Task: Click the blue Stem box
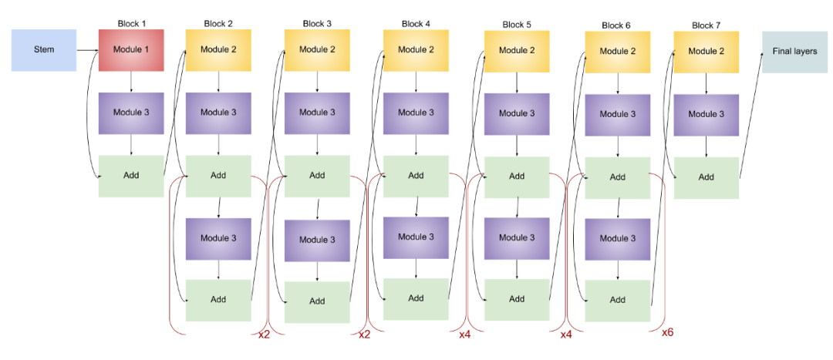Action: (x=44, y=50)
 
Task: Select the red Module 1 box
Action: (x=131, y=50)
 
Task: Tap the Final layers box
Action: (x=794, y=52)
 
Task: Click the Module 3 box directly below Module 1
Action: (x=131, y=113)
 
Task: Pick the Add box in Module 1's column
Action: (x=131, y=176)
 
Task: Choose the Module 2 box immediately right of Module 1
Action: (x=218, y=50)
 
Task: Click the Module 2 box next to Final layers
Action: (x=706, y=52)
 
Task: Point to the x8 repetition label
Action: (x=668, y=331)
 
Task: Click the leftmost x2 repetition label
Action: (x=264, y=335)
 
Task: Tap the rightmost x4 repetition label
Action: (x=566, y=335)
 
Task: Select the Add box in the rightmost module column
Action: (x=706, y=177)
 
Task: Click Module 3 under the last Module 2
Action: (x=706, y=114)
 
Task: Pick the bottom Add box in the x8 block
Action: (x=617, y=300)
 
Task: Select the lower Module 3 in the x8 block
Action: (x=617, y=239)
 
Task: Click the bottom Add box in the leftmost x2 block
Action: (x=218, y=300)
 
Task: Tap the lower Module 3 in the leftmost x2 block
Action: (x=218, y=238)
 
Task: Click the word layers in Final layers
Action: (x=804, y=52)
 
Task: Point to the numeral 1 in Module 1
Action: (x=147, y=50)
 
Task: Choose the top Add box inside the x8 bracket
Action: (x=617, y=177)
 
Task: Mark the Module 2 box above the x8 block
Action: (x=617, y=52)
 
